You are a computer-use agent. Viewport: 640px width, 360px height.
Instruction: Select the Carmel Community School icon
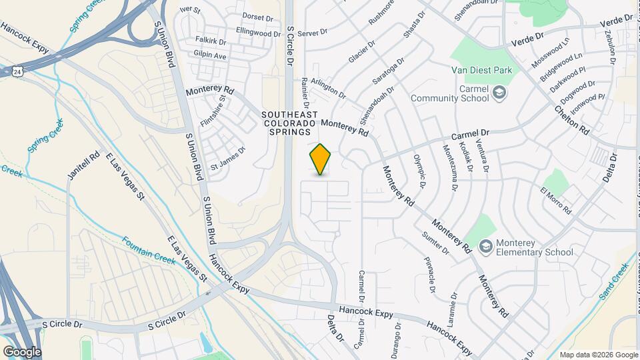pyautogui.click(x=499, y=93)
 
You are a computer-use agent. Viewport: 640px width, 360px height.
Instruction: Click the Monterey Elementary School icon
pyautogui.click(x=485, y=247)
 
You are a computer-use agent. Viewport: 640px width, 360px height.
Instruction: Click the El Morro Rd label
pyautogui.click(x=556, y=201)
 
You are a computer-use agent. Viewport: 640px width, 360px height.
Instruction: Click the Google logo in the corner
pyautogui.click(x=22, y=351)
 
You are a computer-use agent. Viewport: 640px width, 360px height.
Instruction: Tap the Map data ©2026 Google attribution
pyautogui.click(x=598, y=355)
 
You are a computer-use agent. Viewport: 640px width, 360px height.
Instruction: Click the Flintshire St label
pyautogui.click(x=213, y=111)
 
